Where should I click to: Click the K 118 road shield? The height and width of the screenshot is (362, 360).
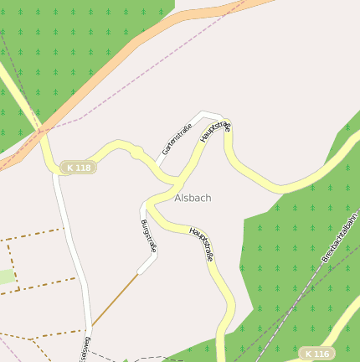point(78,168)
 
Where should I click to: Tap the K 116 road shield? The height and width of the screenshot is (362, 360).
point(317,354)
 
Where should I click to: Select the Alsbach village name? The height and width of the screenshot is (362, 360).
point(193,198)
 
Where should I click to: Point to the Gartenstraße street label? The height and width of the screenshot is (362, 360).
point(177,139)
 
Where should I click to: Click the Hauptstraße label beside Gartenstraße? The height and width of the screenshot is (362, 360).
point(215,137)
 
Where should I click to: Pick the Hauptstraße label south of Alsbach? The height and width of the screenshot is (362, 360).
point(202,244)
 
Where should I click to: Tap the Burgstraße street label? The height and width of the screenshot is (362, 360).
point(148,235)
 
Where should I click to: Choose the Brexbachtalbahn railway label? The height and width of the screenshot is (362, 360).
point(340,237)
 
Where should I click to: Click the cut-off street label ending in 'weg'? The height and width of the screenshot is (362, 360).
point(84,349)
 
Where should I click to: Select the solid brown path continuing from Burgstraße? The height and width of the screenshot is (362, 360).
point(115,299)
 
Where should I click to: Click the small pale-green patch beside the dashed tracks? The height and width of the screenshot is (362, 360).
point(7,277)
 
